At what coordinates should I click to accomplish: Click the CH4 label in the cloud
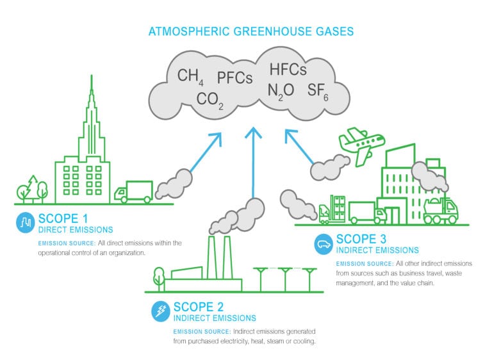pyautogui.click(x=190, y=77)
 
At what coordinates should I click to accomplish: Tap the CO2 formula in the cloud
pyautogui.click(x=210, y=101)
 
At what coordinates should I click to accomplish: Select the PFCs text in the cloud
pyautogui.click(x=235, y=78)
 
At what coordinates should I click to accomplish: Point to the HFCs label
pyautogui.click(x=288, y=69)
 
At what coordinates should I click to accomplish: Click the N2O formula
pyautogui.click(x=281, y=92)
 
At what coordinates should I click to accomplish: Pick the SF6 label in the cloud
pyautogui.click(x=318, y=92)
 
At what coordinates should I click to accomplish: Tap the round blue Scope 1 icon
pyautogui.click(x=26, y=222)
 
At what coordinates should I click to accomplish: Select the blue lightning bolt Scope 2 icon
pyautogui.click(x=161, y=311)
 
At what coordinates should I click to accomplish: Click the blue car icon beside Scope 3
pyautogui.click(x=324, y=243)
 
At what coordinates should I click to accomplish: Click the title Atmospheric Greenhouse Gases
pyautogui.click(x=251, y=31)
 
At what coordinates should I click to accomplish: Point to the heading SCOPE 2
pyautogui.click(x=199, y=307)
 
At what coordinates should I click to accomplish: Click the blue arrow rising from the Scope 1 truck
pyautogui.click(x=206, y=152)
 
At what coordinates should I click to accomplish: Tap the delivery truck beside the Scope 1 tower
pyautogui.click(x=133, y=192)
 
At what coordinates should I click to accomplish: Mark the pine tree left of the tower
pyautogui.click(x=32, y=188)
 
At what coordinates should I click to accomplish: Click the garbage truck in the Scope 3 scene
pyautogui.click(x=441, y=210)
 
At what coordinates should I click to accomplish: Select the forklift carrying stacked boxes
pyautogui.click(x=332, y=209)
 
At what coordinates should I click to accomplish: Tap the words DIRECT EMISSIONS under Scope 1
pyautogui.click(x=76, y=230)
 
